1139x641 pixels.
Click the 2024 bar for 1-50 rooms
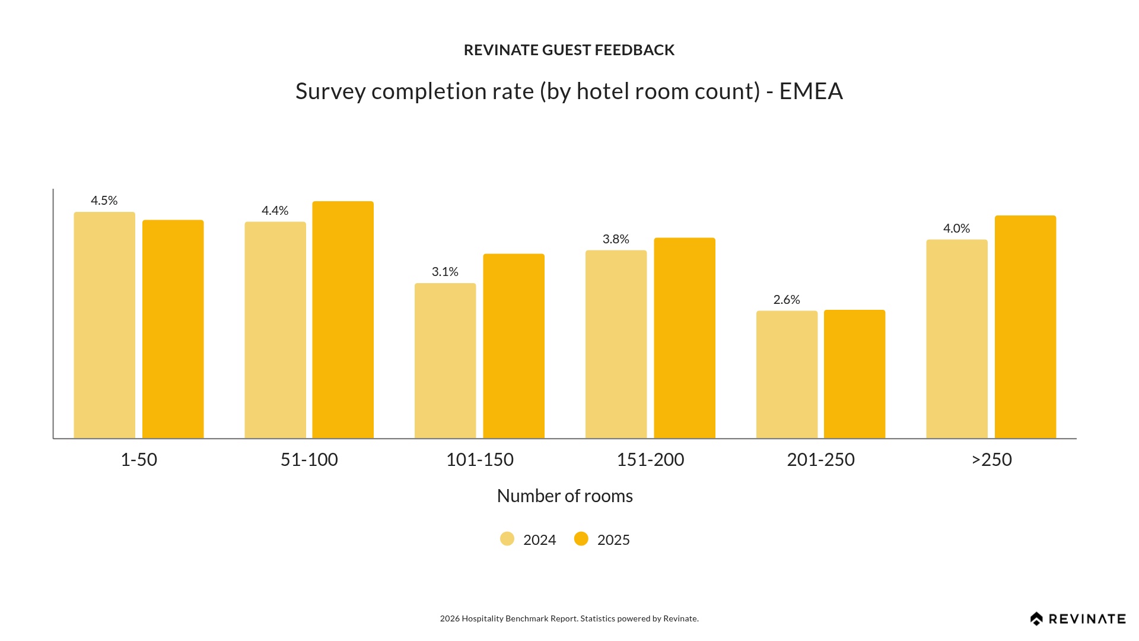(x=104, y=325)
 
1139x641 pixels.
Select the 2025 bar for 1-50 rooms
(x=173, y=329)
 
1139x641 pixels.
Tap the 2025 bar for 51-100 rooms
(x=343, y=320)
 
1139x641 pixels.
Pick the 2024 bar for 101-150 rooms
(x=445, y=361)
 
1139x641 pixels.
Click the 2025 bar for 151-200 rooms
(x=685, y=338)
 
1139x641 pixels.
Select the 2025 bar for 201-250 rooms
(x=854, y=374)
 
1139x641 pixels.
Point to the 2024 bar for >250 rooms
(x=957, y=339)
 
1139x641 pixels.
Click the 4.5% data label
(x=104, y=201)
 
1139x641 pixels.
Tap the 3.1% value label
(x=445, y=272)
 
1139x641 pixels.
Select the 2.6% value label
(x=787, y=300)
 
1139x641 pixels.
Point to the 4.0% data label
(x=956, y=229)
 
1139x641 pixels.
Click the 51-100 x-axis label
(x=309, y=459)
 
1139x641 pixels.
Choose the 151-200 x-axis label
(x=650, y=459)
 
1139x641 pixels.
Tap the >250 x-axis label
(x=991, y=459)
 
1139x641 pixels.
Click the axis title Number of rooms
(x=565, y=496)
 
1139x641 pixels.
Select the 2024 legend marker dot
(x=507, y=539)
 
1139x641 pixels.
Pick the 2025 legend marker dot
(x=581, y=539)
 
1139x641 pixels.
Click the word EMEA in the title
(x=811, y=91)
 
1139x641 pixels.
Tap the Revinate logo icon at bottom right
(x=1036, y=619)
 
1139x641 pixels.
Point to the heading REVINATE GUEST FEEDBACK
(x=569, y=50)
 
